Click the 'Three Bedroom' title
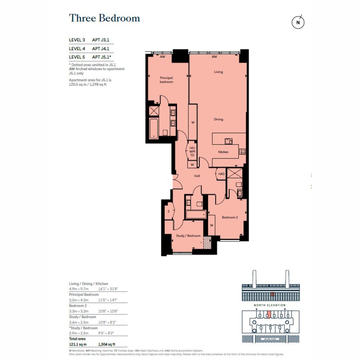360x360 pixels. [x=104, y=18]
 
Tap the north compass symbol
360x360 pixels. [x=298, y=23]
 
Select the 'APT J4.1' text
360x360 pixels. [x=101, y=48]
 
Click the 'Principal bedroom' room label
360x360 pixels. [x=166, y=80]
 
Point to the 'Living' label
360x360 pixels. [x=218, y=72]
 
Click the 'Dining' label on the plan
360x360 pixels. [x=218, y=119]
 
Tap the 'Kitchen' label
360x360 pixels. [x=223, y=152]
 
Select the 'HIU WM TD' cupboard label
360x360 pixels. [x=192, y=152]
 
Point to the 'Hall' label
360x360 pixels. [x=197, y=176]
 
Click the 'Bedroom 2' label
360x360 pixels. [x=230, y=217]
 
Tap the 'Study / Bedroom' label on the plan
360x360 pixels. [x=188, y=236]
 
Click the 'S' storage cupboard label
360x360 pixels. [x=169, y=211]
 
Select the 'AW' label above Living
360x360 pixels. [x=214, y=57]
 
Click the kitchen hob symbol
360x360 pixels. [x=242, y=151]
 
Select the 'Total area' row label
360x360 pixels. [x=78, y=338]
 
